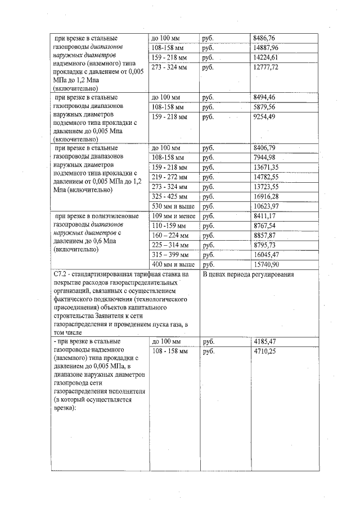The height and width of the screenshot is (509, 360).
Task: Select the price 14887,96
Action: click(x=267, y=48)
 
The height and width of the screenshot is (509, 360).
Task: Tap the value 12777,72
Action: click(x=267, y=67)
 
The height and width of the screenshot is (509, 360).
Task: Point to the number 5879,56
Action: click(x=265, y=107)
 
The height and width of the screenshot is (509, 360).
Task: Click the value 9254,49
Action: click(x=265, y=117)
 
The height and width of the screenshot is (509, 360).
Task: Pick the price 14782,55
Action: click(x=267, y=177)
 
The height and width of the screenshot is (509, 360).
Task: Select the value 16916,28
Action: click(x=267, y=197)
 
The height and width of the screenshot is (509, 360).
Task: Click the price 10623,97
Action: click(x=267, y=206)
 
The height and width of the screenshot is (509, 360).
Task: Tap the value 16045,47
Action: click(x=267, y=255)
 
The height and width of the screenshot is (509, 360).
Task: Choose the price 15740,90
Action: click(x=267, y=264)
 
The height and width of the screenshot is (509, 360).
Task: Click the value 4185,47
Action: click(x=265, y=341)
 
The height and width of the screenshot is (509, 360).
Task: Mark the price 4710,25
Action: click(x=265, y=352)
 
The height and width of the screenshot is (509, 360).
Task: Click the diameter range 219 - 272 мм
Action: click(x=170, y=177)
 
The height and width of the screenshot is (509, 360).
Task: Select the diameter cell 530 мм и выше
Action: click(x=173, y=206)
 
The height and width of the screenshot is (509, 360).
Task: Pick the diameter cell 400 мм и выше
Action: click(x=174, y=264)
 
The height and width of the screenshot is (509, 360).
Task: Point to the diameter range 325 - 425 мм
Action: click(x=170, y=197)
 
